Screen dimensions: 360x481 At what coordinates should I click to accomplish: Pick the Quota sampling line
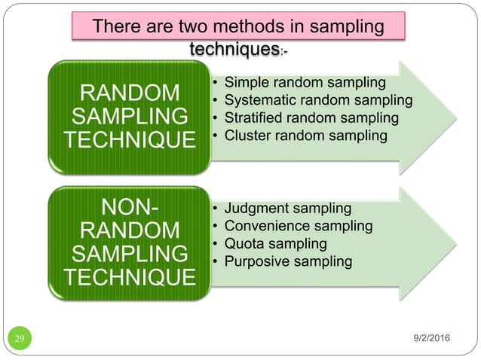276,244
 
